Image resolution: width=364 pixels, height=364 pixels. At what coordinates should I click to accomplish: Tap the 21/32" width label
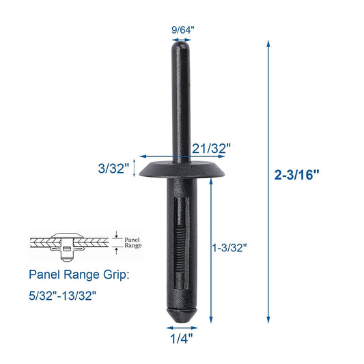point(212,147)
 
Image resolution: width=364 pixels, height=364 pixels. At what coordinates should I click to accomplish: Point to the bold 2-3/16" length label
point(297,174)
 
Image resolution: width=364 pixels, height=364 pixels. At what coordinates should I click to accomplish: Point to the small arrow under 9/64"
point(181,40)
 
